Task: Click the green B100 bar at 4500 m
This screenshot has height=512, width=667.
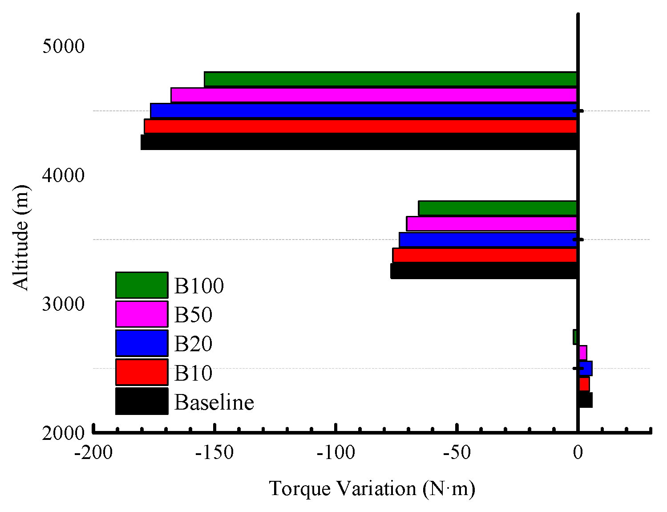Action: [x=390, y=79]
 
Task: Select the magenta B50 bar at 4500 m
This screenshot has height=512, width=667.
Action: [x=374, y=95]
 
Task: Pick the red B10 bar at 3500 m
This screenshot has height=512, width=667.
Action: [x=485, y=255]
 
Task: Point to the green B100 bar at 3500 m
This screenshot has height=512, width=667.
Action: [x=497, y=208]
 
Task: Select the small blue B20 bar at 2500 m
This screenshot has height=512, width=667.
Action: [x=586, y=368]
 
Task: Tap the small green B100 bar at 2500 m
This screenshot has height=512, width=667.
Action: [x=575, y=337]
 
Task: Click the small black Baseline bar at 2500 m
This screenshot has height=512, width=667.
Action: [x=586, y=400]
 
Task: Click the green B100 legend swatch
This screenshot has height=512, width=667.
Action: [x=141, y=285]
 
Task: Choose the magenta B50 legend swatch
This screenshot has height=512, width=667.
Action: [x=141, y=314]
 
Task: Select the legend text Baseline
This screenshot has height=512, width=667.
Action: [x=214, y=402]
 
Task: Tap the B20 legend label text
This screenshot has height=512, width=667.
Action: [x=193, y=344]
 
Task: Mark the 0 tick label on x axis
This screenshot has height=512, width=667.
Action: [x=578, y=453]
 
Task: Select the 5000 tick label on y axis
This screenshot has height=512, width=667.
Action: [x=63, y=46]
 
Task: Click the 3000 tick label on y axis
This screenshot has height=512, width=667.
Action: [x=63, y=304]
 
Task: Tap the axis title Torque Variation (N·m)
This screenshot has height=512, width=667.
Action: [x=372, y=488]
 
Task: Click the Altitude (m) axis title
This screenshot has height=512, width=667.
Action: [x=20, y=237]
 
